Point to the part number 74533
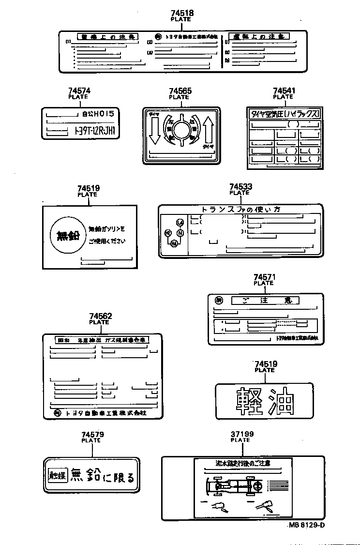[240, 186]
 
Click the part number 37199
[242, 434]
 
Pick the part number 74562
[100, 316]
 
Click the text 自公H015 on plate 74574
[98, 114]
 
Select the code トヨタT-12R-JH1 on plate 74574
[96, 131]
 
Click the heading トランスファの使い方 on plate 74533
[240, 210]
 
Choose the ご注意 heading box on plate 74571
[265, 301]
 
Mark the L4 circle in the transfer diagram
[180, 223]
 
